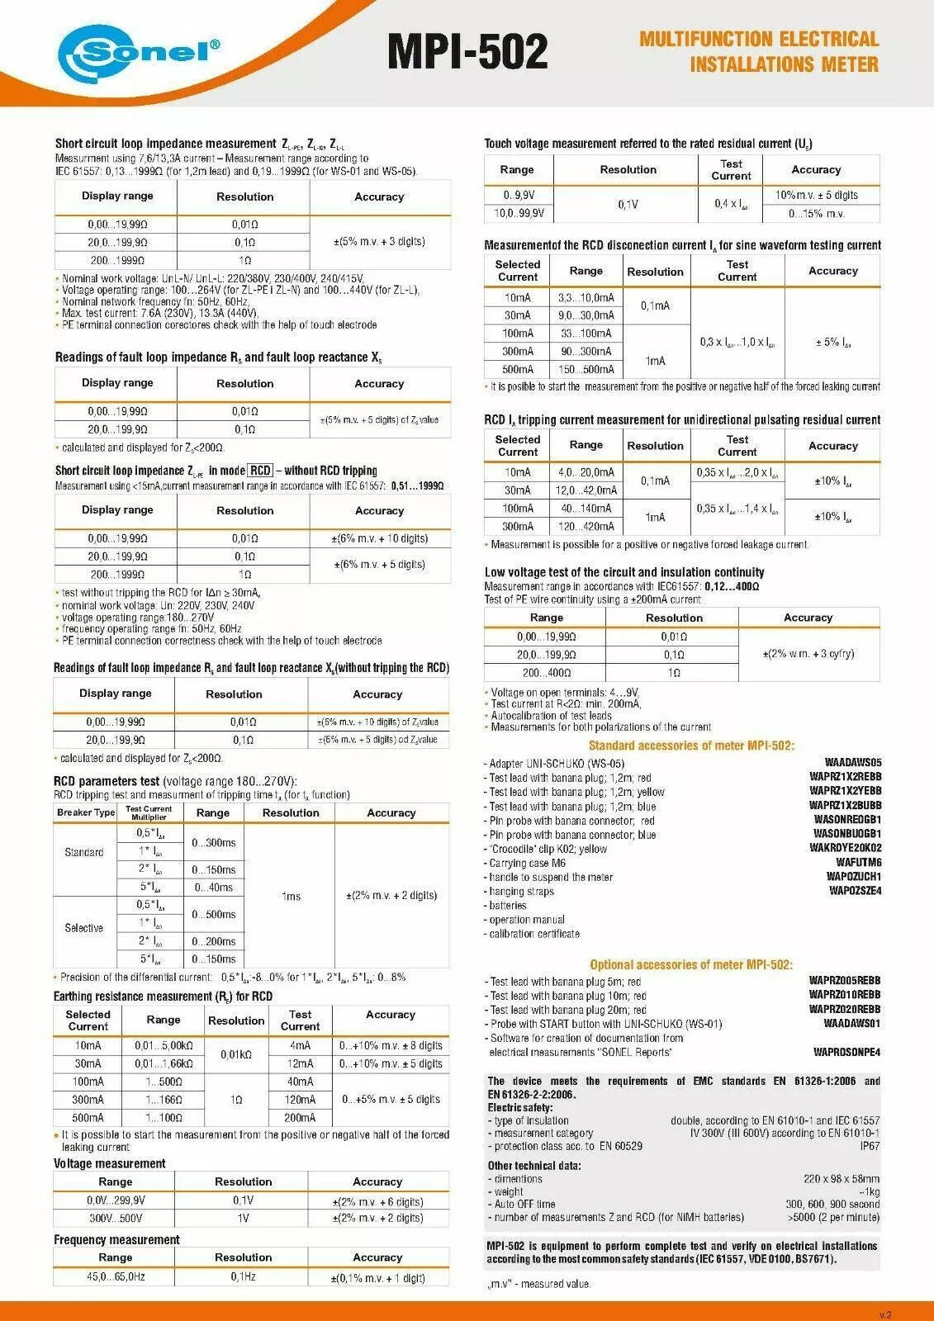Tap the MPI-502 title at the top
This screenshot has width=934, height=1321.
point(467,51)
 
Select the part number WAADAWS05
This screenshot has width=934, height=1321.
point(852,763)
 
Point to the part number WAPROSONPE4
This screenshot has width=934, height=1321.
point(846,1052)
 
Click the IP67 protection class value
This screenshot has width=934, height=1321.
point(870,1146)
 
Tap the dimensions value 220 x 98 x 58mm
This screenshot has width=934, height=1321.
point(841,1179)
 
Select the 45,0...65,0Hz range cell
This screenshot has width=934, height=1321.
point(115,1276)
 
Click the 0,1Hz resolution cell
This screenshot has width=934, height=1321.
point(243,1276)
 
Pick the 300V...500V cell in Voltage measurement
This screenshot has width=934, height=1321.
point(115,1218)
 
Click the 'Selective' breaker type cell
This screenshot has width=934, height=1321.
point(83,928)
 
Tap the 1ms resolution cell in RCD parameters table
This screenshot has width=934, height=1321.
point(291,896)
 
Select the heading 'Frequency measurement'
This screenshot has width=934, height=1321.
point(116,1239)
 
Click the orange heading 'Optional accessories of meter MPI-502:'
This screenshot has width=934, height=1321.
point(690,964)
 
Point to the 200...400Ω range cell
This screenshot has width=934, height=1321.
point(546,673)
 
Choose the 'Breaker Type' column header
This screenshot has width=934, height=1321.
point(86,812)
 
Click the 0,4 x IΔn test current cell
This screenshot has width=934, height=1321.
point(731,204)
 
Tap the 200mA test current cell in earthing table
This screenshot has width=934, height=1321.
point(300,1117)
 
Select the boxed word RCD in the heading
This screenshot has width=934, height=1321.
point(260,471)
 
